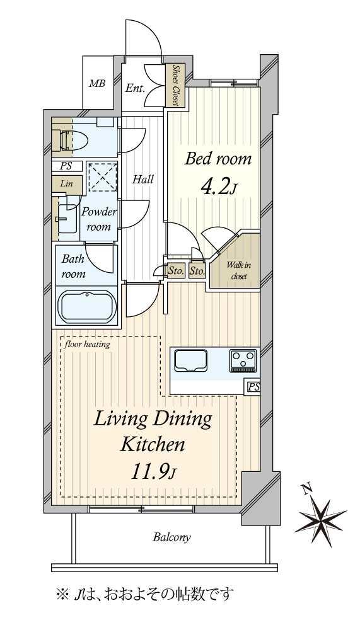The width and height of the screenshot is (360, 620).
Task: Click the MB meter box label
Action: point(97,84)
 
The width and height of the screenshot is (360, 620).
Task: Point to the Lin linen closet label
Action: point(66,183)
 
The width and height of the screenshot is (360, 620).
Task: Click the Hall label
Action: point(142,180)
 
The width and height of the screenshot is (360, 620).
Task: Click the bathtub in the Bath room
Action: point(86,307)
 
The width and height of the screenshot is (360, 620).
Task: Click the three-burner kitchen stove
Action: point(242,360)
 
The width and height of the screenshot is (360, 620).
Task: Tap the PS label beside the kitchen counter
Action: point(253,387)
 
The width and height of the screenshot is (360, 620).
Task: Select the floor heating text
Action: point(88,344)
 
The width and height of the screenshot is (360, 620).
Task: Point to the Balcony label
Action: point(171,537)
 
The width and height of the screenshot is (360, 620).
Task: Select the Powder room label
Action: point(98,219)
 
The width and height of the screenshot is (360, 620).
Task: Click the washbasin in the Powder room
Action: point(67,218)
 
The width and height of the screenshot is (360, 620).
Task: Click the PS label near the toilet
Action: point(66,166)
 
